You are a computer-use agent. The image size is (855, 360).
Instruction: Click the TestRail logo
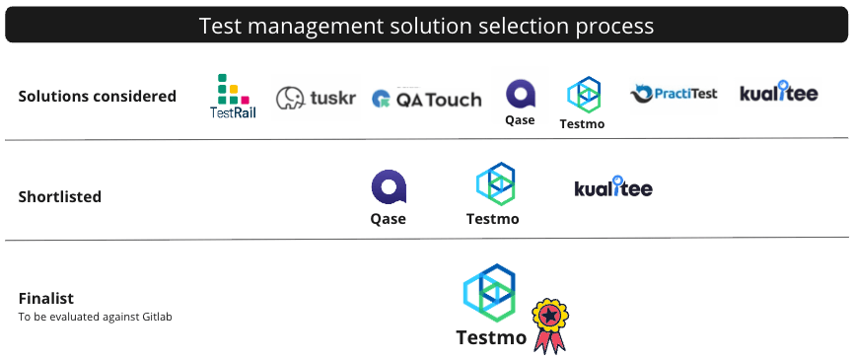(234, 97)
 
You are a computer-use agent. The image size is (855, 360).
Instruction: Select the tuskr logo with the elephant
(316, 97)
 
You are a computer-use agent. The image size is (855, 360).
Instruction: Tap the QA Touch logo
(426, 99)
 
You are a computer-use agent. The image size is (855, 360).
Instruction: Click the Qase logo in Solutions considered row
(520, 101)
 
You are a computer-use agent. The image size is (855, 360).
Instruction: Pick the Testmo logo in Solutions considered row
(582, 102)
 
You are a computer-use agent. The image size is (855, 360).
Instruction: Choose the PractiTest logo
(674, 95)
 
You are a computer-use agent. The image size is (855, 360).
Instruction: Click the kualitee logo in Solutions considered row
(778, 95)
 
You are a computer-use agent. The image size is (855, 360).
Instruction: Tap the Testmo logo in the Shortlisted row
(493, 192)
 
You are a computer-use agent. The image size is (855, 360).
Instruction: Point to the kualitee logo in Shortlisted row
(613, 186)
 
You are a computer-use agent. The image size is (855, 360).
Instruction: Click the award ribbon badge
(549, 325)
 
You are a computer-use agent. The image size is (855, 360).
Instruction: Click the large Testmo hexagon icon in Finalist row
(490, 292)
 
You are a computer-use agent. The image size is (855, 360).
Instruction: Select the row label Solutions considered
(98, 96)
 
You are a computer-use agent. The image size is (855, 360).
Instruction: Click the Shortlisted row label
(60, 196)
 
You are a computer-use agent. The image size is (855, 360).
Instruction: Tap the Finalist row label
(46, 298)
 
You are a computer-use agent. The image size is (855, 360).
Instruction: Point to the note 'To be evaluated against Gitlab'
(96, 317)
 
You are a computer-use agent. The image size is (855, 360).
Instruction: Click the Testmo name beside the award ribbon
(491, 337)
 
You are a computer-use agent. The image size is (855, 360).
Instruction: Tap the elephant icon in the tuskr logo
(291, 98)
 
